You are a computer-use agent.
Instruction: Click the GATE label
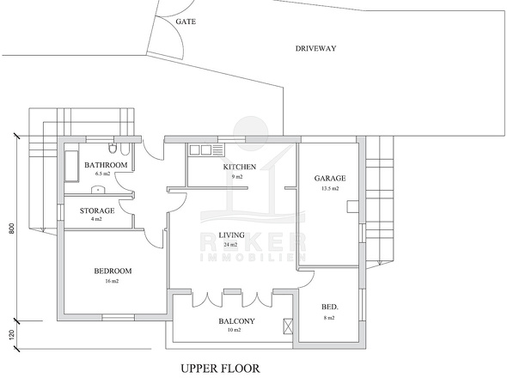point(186,21)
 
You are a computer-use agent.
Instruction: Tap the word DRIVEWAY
point(311,48)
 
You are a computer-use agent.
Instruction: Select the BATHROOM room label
point(106,165)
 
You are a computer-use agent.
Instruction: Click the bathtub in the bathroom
point(71,166)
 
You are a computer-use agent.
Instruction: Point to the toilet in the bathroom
point(113,148)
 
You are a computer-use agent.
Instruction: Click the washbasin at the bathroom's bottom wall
point(97,190)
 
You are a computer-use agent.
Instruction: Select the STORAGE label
point(97,210)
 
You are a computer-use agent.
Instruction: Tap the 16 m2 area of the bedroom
point(112,281)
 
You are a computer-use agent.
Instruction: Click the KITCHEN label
point(239,167)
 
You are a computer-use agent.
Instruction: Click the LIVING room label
point(231,235)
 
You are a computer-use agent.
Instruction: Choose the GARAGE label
point(330,178)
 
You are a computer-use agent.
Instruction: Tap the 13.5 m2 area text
point(330,188)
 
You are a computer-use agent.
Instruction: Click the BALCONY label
point(236,321)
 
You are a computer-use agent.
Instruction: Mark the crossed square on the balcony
point(288,326)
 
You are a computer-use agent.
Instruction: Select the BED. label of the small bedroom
point(329,307)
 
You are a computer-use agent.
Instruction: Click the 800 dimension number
point(12,229)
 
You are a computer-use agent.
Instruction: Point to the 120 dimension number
point(12,334)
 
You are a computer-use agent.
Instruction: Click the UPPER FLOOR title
point(220,369)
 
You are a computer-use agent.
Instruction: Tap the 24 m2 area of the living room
point(230,245)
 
